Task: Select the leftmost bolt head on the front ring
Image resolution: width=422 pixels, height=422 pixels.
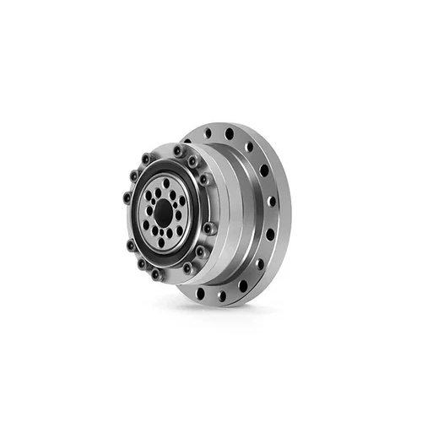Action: [127, 197]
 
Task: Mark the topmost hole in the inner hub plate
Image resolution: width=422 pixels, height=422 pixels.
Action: [165, 181]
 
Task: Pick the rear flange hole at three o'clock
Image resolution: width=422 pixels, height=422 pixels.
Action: [272, 203]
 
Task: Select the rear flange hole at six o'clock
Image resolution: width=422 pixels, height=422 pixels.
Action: [221, 295]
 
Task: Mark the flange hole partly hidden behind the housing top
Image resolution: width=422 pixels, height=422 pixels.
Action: [208, 134]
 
